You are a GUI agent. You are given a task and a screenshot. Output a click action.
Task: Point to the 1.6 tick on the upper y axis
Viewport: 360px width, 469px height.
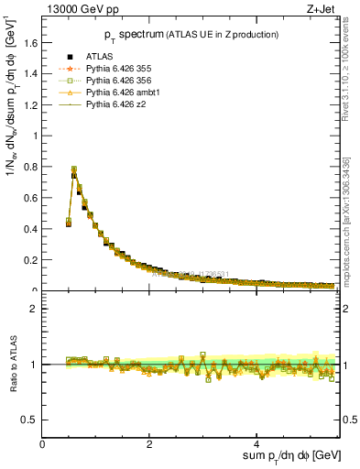click(31, 42)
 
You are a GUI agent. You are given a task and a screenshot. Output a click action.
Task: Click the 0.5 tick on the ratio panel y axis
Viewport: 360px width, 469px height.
click(31, 420)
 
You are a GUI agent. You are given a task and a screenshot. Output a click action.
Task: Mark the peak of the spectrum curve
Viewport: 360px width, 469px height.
click(74, 169)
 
